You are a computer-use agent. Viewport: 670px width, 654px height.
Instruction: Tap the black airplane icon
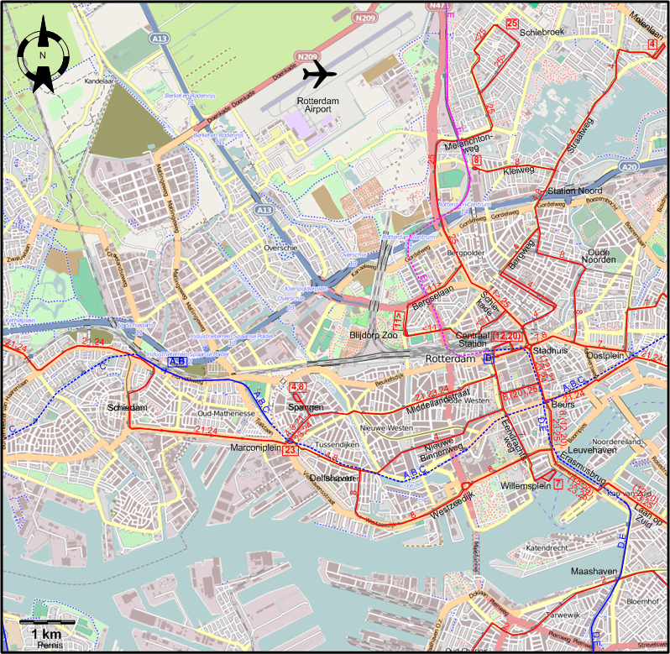point(319,73)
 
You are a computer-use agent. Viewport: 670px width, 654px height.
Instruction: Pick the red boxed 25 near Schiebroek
point(512,24)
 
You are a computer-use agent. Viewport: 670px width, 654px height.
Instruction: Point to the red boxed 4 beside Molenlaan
point(652,44)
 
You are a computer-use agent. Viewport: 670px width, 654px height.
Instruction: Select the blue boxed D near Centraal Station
point(489,358)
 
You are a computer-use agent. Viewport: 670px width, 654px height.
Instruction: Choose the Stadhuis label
point(551,351)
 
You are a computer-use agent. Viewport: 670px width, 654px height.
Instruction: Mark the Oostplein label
point(607,355)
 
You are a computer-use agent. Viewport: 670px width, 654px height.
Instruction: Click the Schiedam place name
point(128,407)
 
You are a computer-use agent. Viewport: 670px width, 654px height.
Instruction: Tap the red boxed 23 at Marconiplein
point(291,451)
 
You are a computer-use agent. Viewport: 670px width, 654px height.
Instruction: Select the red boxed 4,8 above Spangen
point(297,388)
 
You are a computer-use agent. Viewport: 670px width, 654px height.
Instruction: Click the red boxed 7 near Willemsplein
point(558,483)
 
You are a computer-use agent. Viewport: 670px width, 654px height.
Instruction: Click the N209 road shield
point(364,17)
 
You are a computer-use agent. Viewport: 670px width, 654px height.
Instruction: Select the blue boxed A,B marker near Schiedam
point(177,361)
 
